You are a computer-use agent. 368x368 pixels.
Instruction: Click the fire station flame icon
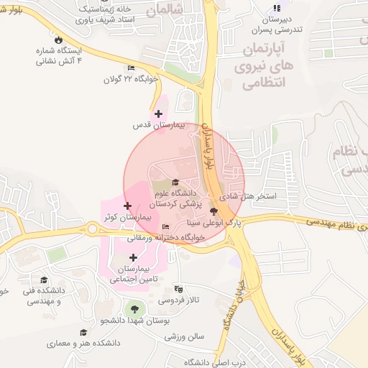click(58, 41)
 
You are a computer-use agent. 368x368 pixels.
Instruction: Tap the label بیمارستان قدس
click(160, 125)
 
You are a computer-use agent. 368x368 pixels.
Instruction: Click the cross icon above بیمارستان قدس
click(158, 114)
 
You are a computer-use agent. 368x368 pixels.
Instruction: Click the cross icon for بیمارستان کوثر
click(127, 206)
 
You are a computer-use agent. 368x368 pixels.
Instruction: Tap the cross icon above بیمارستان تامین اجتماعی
click(133, 257)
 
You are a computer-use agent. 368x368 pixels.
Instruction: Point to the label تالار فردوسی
click(178, 298)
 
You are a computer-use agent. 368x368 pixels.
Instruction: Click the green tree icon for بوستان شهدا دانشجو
click(134, 308)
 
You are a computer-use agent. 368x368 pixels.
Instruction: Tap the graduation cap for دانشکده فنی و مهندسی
click(44, 280)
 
